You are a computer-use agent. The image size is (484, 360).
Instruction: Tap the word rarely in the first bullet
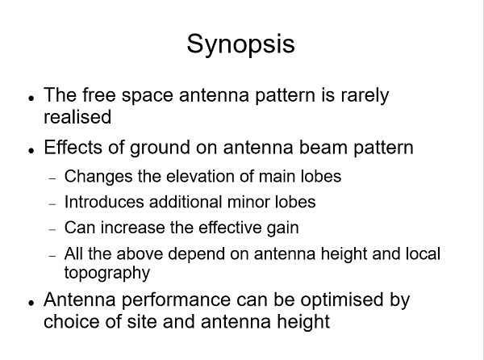[x=365, y=96]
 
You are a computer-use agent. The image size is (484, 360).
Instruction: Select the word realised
[x=77, y=117]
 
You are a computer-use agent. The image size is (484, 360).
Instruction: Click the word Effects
[x=73, y=147]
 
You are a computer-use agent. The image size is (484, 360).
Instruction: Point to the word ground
[x=160, y=149]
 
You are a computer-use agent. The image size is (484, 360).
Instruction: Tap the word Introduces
[x=104, y=202]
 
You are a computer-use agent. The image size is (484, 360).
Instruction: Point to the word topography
[x=107, y=274]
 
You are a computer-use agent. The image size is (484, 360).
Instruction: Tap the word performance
[x=176, y=300]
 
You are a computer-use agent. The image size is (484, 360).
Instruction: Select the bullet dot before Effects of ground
[x=31, y=150]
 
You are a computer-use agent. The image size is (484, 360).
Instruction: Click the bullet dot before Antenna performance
[x=31, y=303]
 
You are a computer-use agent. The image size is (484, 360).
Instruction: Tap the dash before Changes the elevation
[x=52, y=178]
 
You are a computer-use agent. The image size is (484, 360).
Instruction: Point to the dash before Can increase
[x=52, y=230]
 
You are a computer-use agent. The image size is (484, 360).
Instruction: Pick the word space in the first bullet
[x=148, y=96]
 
